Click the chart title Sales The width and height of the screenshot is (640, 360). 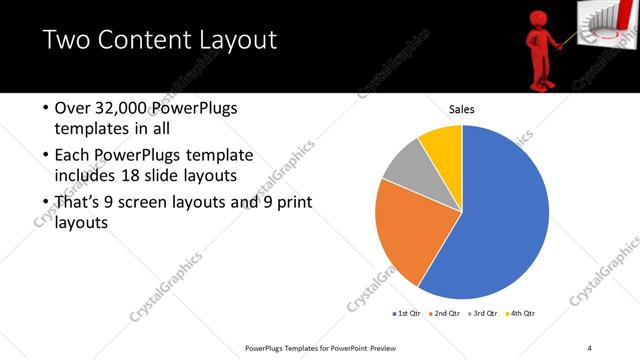coord(461,109)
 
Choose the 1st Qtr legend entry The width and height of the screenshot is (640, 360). coord(407,314)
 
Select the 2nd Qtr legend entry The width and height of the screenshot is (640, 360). coord(443,314)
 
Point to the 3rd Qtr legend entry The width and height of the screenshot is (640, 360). coord(481,314)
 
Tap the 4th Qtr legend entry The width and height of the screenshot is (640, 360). coord(519,314)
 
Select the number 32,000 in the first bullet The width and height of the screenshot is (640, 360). coord(123,108)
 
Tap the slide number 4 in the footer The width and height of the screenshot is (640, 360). coord(590,348)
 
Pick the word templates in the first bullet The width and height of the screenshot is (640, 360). coord(88,130)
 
